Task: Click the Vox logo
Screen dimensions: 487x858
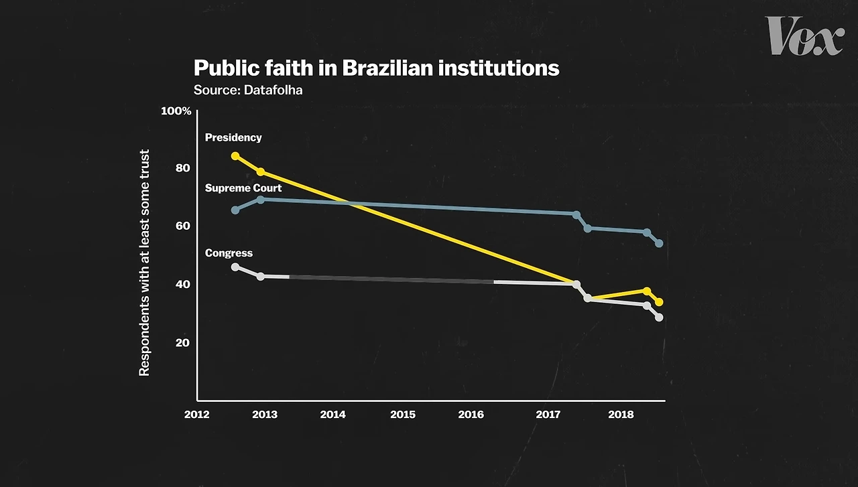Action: [804, 36]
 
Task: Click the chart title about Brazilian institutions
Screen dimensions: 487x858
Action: [376, 68]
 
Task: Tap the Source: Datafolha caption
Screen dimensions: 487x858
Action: [248, 90]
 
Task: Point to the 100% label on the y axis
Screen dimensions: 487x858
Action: [176, 111]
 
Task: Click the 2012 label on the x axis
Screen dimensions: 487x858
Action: [196, 415]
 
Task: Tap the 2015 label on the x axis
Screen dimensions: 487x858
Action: [402, 415]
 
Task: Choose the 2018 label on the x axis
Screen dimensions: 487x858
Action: [621, 415]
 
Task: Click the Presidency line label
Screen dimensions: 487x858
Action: [233, 137]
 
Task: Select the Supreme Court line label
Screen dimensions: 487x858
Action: [243, 188]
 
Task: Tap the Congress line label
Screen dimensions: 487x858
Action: [229, 253]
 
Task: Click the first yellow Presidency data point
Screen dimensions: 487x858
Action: [235, 156]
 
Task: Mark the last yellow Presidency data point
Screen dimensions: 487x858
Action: [659, 302]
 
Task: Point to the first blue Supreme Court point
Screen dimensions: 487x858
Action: [235, 210]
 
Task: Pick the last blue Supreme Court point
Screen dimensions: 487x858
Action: [659, 243]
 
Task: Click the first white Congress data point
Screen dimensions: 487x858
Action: [235, 267]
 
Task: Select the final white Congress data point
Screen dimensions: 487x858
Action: [659, 318]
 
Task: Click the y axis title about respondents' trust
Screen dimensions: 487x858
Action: [144, 263]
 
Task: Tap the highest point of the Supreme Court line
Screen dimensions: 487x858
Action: [261, 200]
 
